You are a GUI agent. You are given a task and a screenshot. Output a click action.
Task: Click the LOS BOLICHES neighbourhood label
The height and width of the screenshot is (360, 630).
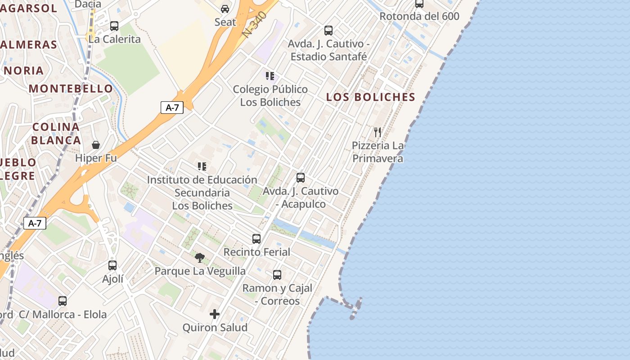(370, 97)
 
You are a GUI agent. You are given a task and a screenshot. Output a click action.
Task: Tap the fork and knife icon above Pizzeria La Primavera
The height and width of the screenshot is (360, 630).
(378, 132)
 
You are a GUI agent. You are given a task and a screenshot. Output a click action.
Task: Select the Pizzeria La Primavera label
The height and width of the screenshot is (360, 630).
(378, 152)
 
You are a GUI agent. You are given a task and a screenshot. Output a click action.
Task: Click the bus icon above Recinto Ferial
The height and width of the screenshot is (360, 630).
(256, 239)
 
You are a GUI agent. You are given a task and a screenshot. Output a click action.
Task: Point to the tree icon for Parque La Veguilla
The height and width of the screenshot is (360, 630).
(200, 258)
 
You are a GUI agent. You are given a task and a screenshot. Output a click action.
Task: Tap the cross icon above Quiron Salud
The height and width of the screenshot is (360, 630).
(215, 314)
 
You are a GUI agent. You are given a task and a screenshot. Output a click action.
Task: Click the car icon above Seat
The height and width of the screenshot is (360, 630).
(225, 9)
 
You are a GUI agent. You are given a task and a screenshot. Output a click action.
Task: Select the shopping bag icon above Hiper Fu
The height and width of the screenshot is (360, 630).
(96, 145)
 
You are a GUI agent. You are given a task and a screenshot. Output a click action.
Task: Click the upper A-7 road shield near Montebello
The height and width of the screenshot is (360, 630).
(172, 108)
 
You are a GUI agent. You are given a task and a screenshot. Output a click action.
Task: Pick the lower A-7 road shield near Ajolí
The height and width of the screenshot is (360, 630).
(35, 223)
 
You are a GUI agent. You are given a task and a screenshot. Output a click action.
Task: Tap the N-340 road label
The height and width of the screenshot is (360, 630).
(255, 24)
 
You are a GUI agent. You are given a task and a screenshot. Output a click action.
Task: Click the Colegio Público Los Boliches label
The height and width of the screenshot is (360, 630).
(270, 95)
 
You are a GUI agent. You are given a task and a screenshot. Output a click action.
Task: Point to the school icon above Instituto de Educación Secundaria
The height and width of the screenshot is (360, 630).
(202, 166)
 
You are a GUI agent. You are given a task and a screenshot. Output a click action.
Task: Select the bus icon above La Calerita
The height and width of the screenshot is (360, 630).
(114, 26)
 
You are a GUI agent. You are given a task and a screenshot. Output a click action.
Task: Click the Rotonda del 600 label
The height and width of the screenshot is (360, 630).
(419, 16)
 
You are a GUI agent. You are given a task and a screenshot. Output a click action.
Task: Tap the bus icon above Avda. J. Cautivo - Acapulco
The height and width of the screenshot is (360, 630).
(301, 178)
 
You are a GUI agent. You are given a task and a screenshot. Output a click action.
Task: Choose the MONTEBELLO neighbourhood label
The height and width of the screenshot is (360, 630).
(71, 88)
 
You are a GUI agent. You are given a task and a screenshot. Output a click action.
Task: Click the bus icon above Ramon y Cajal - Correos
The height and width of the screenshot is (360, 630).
(277, 274)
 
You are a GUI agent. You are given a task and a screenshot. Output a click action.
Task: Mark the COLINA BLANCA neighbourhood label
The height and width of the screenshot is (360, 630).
(56, 133)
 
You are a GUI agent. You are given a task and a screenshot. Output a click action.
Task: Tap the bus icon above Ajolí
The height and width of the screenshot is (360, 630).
(112, 265)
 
